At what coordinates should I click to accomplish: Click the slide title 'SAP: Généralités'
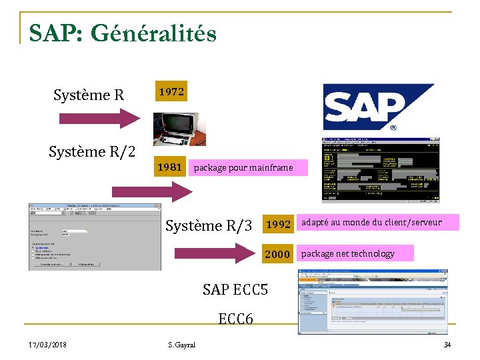123,33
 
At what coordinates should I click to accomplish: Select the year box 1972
171,92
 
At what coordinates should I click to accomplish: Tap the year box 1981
169,167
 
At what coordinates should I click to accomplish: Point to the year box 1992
278,225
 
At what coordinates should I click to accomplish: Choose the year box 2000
278,254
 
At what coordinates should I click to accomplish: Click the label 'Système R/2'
92,152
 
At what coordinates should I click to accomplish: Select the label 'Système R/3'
209,226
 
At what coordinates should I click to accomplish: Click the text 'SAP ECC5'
235,289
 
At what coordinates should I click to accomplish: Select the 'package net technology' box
355,253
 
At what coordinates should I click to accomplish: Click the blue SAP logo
379,107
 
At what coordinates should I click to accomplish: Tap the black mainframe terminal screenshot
381,170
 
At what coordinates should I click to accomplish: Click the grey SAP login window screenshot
94,237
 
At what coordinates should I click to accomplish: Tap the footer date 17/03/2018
47,345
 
